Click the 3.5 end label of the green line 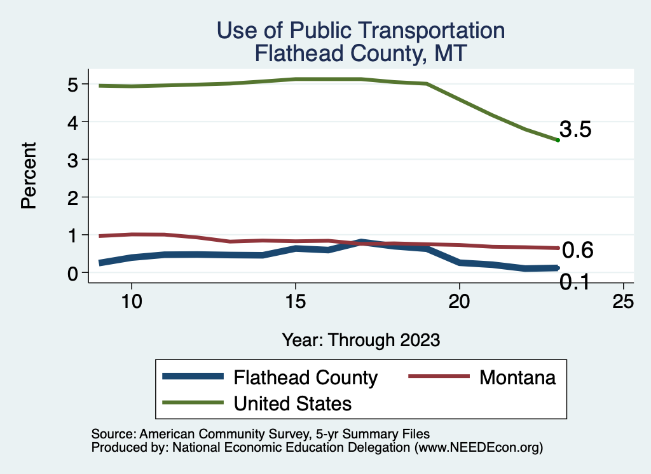(576, 130)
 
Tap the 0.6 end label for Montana (578, 251)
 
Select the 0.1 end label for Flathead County (574, 281)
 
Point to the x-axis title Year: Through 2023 (361, 340)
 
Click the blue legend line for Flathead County (193, 377)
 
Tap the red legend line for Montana (437, 377)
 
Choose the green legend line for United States (193, 403)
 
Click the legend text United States (293, 403)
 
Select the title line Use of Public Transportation (360, 30)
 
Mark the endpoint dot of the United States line (558, 140)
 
